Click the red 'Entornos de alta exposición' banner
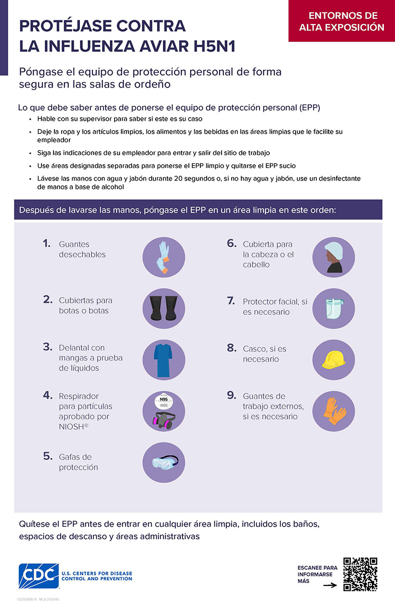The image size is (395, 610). [342, 21]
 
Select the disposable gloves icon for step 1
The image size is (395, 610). [164, 257]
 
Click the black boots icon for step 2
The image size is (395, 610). [164, 308]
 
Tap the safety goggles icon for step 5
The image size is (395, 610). [164, 462]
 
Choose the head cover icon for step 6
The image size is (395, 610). [333, 257]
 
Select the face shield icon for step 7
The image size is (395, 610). [333, 308]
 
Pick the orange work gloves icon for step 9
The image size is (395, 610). [333, 410]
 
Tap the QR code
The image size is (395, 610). [360, 574]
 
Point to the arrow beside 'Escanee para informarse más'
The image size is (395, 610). [329, 585]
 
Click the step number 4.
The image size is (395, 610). [47, 395]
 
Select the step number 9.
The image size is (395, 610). [231, 395]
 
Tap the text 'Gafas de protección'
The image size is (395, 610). [79, 462]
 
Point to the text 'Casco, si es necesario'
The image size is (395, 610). [264, 354]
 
